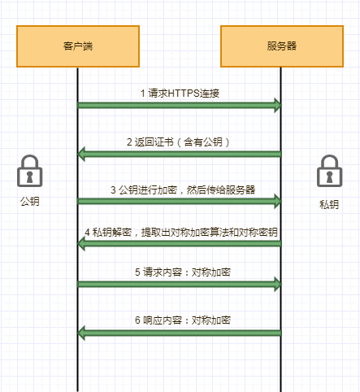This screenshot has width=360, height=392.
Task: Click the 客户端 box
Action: coord(78,46)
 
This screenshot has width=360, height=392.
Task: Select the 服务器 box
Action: coord(282,46)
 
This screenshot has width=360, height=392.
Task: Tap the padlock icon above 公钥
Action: coord(30,171)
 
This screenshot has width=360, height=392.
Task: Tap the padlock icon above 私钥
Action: coord(330,171)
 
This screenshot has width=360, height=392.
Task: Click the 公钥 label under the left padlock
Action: coord(30,202)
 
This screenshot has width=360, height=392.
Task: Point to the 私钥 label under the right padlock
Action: coord(329,204)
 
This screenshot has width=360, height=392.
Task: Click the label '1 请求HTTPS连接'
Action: coord(180,94)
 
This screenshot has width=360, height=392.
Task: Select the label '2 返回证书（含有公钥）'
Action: coord(178,142)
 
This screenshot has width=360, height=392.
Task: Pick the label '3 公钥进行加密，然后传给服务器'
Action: coord(183,189)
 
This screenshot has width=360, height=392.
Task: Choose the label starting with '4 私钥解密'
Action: coord(181,233)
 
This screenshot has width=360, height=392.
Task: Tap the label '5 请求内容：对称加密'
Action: coord(183,272)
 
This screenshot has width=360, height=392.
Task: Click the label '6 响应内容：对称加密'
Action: coord(183,320)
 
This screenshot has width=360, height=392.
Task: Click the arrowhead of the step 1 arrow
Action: coord(278,105)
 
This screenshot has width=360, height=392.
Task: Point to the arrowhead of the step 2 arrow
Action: coord(81,154)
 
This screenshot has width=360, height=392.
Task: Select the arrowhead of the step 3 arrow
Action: coord(278,201)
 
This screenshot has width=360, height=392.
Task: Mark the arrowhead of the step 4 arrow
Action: coord(81,243)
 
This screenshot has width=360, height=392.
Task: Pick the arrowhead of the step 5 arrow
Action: coord(278,284)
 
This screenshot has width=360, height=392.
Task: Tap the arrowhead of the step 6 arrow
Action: coord(81,333)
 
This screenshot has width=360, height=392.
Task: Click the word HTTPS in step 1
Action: coord(184,94)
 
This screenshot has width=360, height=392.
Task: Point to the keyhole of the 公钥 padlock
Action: coord(29,176)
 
